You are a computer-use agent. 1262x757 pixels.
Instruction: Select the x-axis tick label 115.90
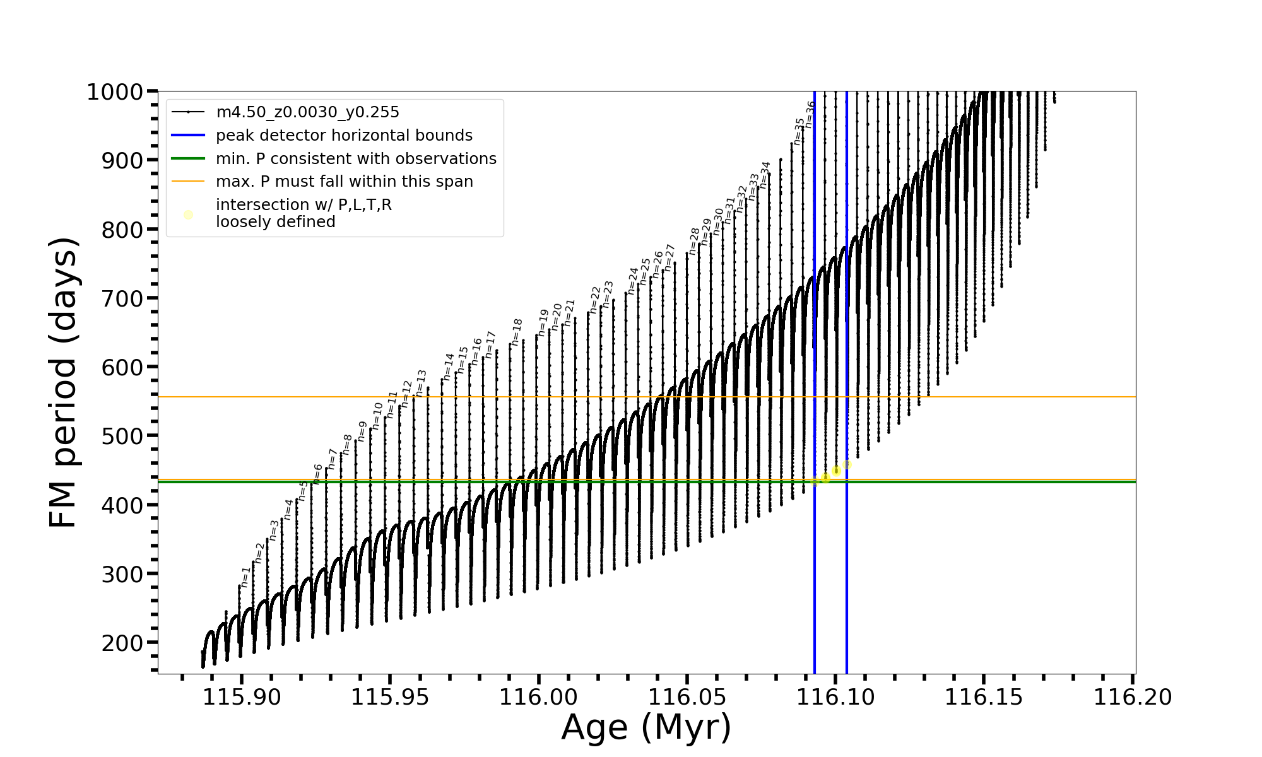(x=242, y=698)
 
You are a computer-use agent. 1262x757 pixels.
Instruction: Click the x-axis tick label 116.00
(x=538, y=698)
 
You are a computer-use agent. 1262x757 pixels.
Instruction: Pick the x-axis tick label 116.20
(x=1133, y=698)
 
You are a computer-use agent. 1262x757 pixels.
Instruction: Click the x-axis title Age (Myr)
(x=646, y=727)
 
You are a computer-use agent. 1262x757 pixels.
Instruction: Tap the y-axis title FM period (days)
(x=64, y=382)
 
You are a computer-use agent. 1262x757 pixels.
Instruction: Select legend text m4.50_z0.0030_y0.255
(x=307, y=112)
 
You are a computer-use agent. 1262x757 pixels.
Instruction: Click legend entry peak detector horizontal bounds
(x=344, y=136)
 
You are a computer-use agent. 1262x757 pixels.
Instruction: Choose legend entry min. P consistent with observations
(x=356, y=159)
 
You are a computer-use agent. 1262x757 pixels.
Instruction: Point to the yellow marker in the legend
(x=188, y=215)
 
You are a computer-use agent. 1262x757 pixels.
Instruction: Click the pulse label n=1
(x=245, y=577)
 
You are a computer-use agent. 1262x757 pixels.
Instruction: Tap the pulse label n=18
(x=517, y=332)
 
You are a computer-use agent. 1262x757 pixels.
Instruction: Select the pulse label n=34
(x=765, y=175)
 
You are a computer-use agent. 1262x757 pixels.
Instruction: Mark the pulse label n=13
(x=421, y=383)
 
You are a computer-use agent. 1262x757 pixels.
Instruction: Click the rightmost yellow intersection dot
(x=847, y=465)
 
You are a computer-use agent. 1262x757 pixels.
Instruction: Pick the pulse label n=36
(x=810, y=115)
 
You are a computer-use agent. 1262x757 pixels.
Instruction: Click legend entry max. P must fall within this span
(x=344, y=182)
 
